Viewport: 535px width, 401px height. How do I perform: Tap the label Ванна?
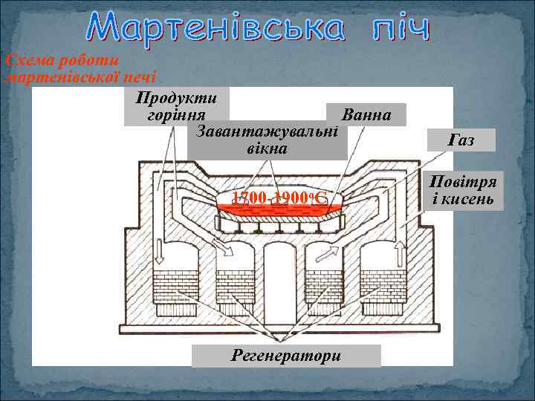click(366, 115)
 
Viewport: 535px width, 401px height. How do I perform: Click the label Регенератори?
click(286, 356)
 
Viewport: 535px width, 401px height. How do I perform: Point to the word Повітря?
click(467, 183)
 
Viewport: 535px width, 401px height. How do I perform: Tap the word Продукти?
click(176, 98)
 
